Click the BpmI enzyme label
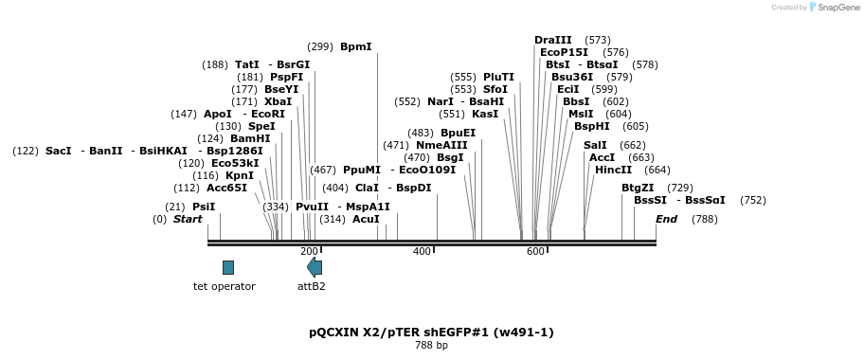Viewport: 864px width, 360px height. pos(356,46)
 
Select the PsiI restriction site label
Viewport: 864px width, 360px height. pos(204,207)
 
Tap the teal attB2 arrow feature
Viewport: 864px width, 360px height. pos(315,267)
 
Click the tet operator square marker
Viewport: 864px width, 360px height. pos(228,267)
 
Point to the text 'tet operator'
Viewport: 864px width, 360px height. pos(225,286)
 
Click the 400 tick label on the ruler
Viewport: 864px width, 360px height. pos(422,252)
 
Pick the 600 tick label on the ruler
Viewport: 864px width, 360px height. pos(535,252)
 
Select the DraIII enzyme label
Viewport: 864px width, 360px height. pos(553,40)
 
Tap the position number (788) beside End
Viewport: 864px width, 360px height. pos(705,220)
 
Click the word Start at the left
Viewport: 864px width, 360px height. pos(188,220)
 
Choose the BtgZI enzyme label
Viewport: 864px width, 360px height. pos(639,188)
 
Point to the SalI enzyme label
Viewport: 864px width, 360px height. pos(595,146)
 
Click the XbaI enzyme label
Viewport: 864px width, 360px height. pos(279,101)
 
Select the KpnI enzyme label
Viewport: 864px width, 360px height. pos(241,176)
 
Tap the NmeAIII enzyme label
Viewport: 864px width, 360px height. pos(441,146)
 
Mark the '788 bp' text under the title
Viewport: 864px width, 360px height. pos(431,346)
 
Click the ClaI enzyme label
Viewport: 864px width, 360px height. pos(366,188)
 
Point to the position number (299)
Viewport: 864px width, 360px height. pos(320,46)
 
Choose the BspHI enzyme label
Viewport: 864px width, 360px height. pos(592,126)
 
